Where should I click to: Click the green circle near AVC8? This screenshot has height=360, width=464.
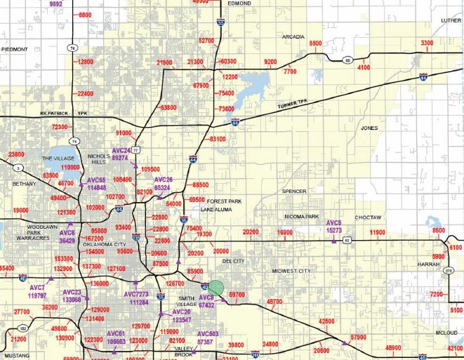pyautogui.click(x=216, y=287)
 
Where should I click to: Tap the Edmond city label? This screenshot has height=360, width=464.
pyautogui.click(x=239, y=4)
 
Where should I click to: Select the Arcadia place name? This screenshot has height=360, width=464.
pyautogui.click(x=293, y=36)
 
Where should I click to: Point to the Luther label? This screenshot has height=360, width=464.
pyautogui.click(x=451, y=20)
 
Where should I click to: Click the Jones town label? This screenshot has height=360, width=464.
pyautogui.click(x=369, y=128)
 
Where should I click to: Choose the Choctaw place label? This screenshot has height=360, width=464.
pyautogui.click(x=367, y=218)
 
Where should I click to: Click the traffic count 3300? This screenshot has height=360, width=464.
pyautogui.click(x=427, y=44)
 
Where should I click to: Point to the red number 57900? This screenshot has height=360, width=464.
pyautogui.click(x=358, y=338)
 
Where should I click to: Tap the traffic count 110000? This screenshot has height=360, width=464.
pyautogui.click(x=71, y=168)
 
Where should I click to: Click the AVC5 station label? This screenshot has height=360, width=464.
pyautogui.click(x=334, y=222)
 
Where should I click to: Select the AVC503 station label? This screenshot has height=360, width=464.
pyautogui.click(x=207, y=334)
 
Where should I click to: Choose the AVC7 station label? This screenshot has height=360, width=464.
pyautogui.click(x=37, y=288)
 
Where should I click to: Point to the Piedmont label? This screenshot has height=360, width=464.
pyautogui.click(x=15, y=49)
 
